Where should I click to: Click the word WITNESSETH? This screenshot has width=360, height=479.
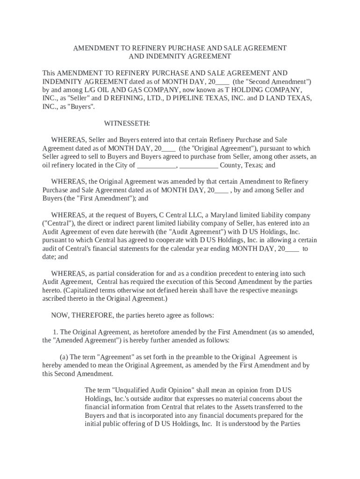127,123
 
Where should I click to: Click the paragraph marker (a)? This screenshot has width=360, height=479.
63,357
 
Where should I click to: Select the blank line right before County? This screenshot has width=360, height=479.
199,165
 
